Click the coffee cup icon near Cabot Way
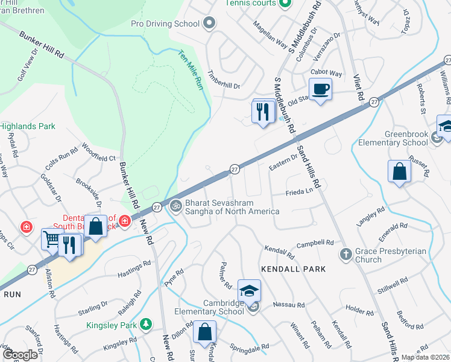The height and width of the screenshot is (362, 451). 321,90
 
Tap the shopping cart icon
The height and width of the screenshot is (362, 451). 52,240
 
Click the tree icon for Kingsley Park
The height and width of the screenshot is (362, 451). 145,325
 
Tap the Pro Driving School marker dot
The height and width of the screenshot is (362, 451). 209,24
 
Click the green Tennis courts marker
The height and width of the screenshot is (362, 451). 285,3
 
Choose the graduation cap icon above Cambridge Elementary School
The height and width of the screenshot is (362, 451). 249,291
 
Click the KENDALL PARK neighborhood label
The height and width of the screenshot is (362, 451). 293,269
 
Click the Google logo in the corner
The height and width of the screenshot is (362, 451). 19,355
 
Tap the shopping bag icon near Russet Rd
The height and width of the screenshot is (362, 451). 400,171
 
